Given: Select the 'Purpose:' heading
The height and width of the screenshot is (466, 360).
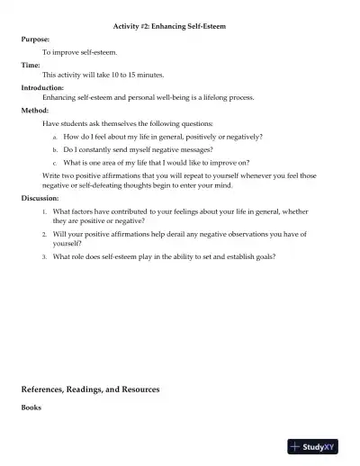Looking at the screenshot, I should click(35, 40).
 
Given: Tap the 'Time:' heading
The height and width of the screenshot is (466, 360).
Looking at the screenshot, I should click(31, 64).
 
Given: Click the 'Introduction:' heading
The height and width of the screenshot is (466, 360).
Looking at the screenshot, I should click(42, 87).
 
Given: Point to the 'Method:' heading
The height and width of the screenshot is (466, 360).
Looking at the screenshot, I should click(34, 111).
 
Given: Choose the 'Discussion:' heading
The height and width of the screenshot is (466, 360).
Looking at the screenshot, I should click(40, 198).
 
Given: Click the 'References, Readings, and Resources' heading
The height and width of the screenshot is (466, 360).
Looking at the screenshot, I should click(90, 390).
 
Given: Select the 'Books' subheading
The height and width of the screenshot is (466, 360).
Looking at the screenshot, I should click(31, 408).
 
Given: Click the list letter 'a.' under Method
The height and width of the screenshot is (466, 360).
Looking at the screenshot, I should click(56, 138).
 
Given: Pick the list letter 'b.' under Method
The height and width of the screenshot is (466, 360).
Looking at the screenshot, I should click(56, 150).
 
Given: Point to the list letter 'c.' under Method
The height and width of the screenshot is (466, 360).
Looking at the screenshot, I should click(56, 163).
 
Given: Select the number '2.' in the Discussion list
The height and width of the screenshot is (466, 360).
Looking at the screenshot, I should click(45, 234).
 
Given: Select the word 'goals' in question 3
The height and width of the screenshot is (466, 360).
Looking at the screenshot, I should click(265, 256).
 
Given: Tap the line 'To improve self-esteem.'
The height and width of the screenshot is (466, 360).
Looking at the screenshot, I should click(79, 52).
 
